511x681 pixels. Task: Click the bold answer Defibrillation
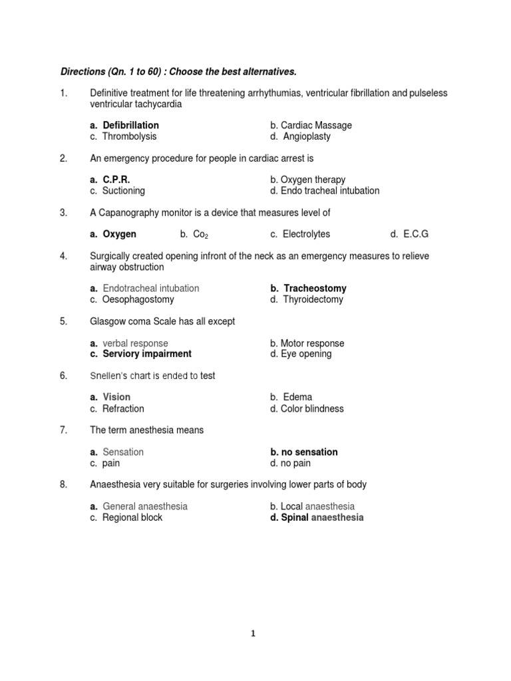tap(130, 125)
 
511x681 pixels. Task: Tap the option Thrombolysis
tap(129, 136)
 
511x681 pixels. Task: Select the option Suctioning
tap(123, 190)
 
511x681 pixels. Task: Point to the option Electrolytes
tap(306, 234)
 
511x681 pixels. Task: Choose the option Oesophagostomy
tap(138, 299)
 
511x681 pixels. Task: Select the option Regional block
tap(132, 517)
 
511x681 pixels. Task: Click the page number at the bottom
tap(253, 634)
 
